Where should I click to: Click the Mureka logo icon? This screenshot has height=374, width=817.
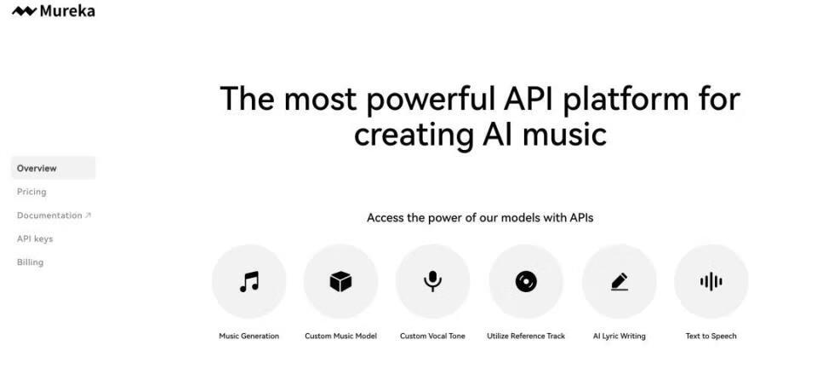tap(24, 11)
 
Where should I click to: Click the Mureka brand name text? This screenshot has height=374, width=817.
tap(67, 11)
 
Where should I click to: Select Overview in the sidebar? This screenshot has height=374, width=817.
tap(37, 169)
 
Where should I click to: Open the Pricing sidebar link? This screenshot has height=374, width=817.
tap(31, 192)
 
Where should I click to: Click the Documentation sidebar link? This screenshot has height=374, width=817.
tap(49, 216)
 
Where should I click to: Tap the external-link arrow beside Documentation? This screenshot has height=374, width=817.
tap(88, 215)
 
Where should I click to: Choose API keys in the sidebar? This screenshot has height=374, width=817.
tap(35, 239)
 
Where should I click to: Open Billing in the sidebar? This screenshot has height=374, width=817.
tap(31, 262)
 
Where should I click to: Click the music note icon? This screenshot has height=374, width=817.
tap(249, 282)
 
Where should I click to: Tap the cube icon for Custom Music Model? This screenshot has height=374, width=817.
tap(340, 282)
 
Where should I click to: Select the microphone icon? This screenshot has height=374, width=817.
tap(432, 282)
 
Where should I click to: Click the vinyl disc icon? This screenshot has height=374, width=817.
tap(526, 282)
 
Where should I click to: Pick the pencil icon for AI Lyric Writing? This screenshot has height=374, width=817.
tap(619, 282)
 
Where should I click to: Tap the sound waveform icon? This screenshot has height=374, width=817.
tap(711, 282)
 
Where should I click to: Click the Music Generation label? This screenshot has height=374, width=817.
tap(249, 336)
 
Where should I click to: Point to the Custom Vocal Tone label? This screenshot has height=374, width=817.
tap(432, 336)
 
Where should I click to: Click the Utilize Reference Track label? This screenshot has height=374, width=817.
tap(526, 336)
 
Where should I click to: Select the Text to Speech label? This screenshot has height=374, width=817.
tap(711, 336)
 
